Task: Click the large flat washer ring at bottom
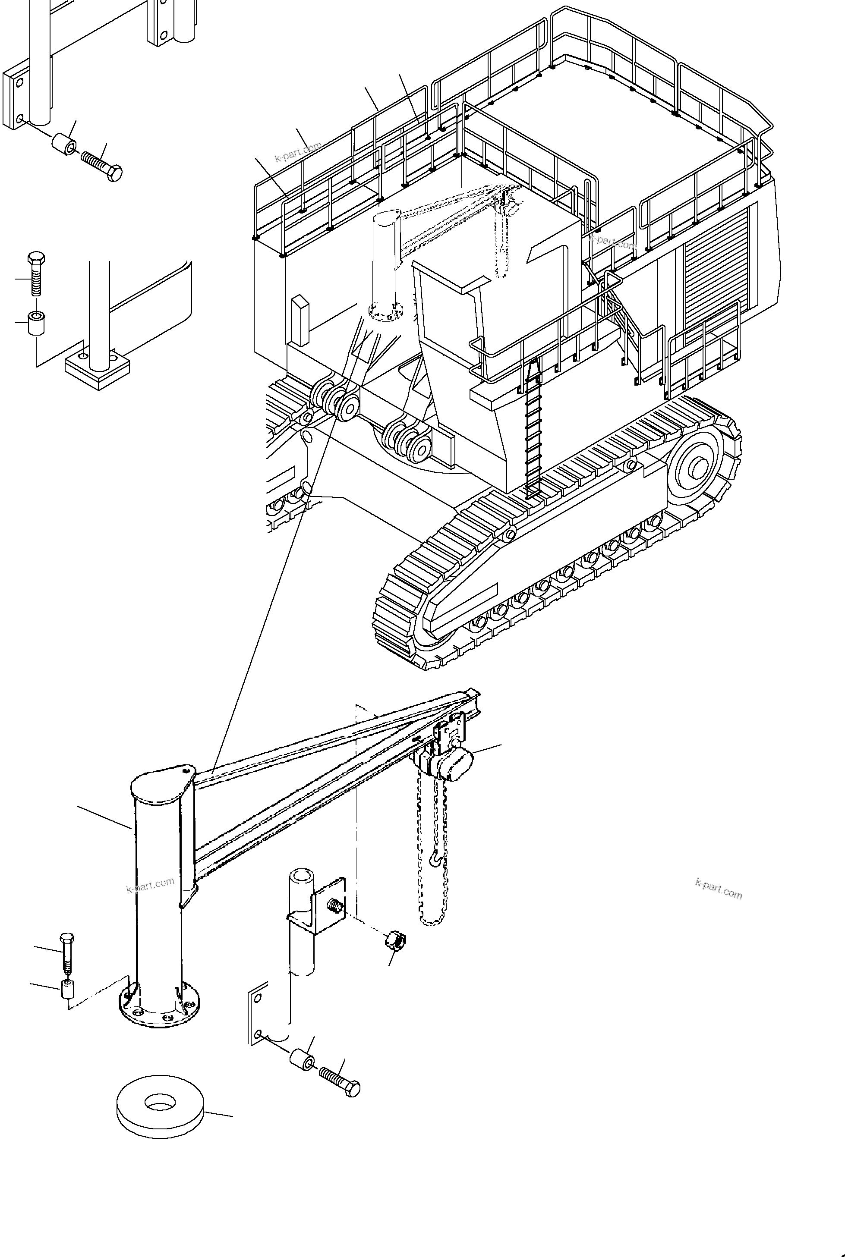pyautogui.click(x=160, y=1107)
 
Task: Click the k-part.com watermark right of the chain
pyautogui.click(x=719, y=889)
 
